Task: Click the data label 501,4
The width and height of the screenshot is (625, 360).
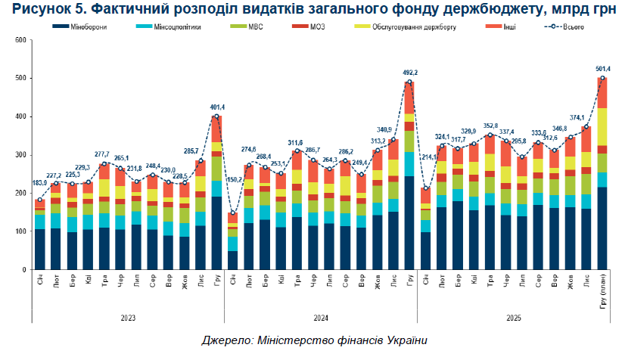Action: [602, 69]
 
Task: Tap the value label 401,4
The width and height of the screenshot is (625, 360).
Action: [216, 107]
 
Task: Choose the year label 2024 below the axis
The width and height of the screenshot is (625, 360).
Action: [321, 318]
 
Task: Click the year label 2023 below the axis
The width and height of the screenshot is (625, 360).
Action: [128, 318]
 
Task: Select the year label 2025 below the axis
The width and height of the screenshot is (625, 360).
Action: [514, 318]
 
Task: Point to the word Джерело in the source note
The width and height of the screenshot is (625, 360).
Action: [224, 341]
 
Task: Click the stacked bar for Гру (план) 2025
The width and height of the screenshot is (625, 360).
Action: [603, 189]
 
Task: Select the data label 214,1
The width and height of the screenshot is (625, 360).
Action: [425, 178]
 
